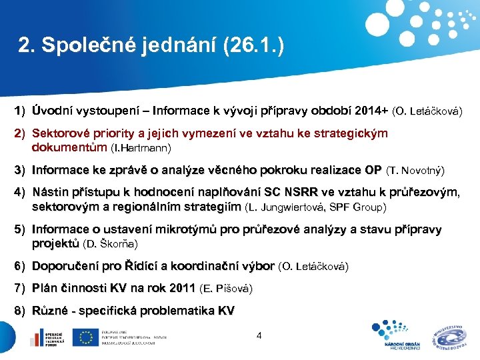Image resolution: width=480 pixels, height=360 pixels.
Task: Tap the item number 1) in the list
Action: (20, 109)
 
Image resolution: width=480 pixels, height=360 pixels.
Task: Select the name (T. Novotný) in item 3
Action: (415, 171)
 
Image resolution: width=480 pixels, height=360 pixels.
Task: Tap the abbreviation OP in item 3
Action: (373, 170)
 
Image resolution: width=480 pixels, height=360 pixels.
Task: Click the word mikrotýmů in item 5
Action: (185, 230)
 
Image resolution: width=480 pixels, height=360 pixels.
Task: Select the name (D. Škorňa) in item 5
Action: (111, 245)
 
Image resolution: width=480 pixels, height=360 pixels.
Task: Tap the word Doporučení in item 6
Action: (65, 267)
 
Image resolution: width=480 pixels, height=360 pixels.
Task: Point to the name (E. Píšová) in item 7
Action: (226, 289)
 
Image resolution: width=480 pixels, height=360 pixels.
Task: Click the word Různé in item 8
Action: (49, 311)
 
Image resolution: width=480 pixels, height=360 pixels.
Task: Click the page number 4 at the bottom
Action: (259, 335)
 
